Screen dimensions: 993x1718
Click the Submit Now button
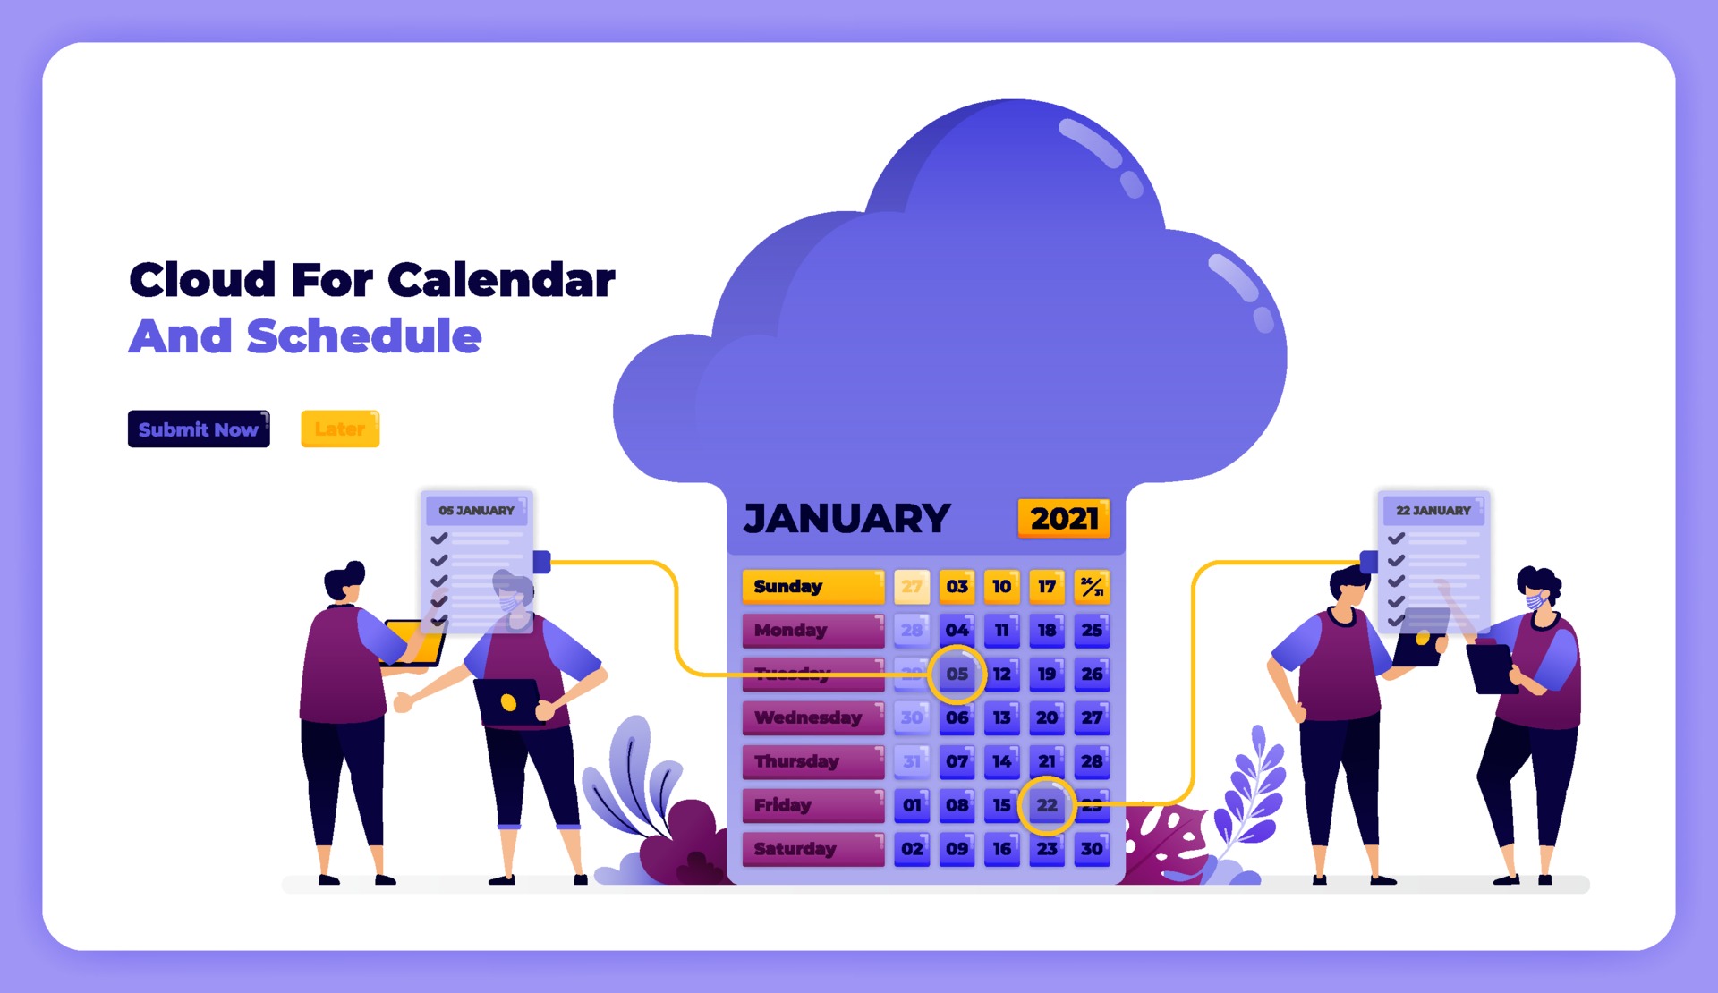click(x=199, y=429)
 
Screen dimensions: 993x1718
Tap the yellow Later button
click(x=340, y=429)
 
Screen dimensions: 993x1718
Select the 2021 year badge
click(x=1064, y=519)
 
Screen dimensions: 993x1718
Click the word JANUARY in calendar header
click(x=846, y=519)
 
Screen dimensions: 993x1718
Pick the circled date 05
click(x=957, y=674)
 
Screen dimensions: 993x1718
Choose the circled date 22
click(x=1047, y=805)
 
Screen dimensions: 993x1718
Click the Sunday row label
click(x=812, y=587)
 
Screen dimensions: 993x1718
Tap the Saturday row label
click(x=812, y=849)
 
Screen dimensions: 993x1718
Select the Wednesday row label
click(x=812, y=717)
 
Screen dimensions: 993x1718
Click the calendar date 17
click(x=1047, y=587)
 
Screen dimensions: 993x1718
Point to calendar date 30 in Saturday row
click(x=1092, y=849)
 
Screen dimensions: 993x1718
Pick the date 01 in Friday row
click(x=912, y=805)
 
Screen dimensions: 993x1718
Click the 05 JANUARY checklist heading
click(x=476, y=511)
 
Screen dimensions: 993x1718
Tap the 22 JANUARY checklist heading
click(x=1433, y=511)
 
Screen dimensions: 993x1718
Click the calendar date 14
click(x=1002, y=761)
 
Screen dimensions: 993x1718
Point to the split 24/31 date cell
click(x=1092, y=587)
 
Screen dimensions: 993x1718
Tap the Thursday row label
click(x=812, y=761)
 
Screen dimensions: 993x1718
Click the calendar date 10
click(x=1002, y=587)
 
